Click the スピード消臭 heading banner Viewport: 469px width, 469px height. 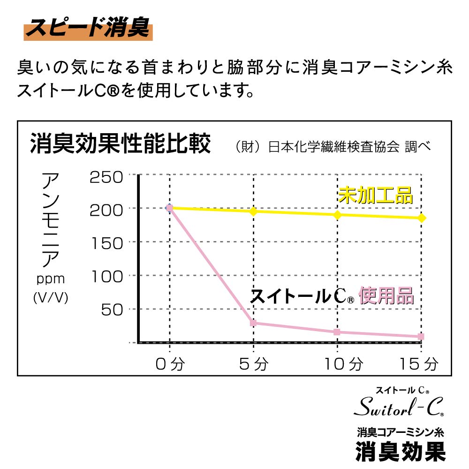tap(87, 29)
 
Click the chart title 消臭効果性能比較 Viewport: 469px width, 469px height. tap(120, 144)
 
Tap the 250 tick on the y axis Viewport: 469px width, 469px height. tap(106, 177)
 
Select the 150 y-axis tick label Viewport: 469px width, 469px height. tap(106, 242)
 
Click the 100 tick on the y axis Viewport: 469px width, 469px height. tap(106, 276)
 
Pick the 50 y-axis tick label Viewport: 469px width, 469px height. tap(113, 309)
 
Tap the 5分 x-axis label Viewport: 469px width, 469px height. tap(253, 363)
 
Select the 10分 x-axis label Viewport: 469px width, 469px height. tap(337, 363)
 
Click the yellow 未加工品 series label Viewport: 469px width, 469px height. tap(375, 195)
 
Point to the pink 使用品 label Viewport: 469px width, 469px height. tap(386, 296)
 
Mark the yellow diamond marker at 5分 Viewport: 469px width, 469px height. tap(253, 212)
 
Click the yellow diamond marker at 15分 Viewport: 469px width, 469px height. tap(421, 218)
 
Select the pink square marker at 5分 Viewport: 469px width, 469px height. tap(253, 323)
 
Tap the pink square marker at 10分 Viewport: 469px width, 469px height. tap(337, 332)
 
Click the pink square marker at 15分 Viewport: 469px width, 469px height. tap(421, 337)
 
